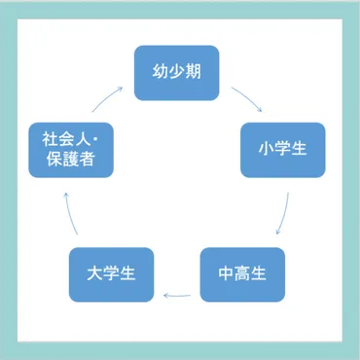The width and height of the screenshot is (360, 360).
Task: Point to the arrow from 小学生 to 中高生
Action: tap(284, 214)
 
